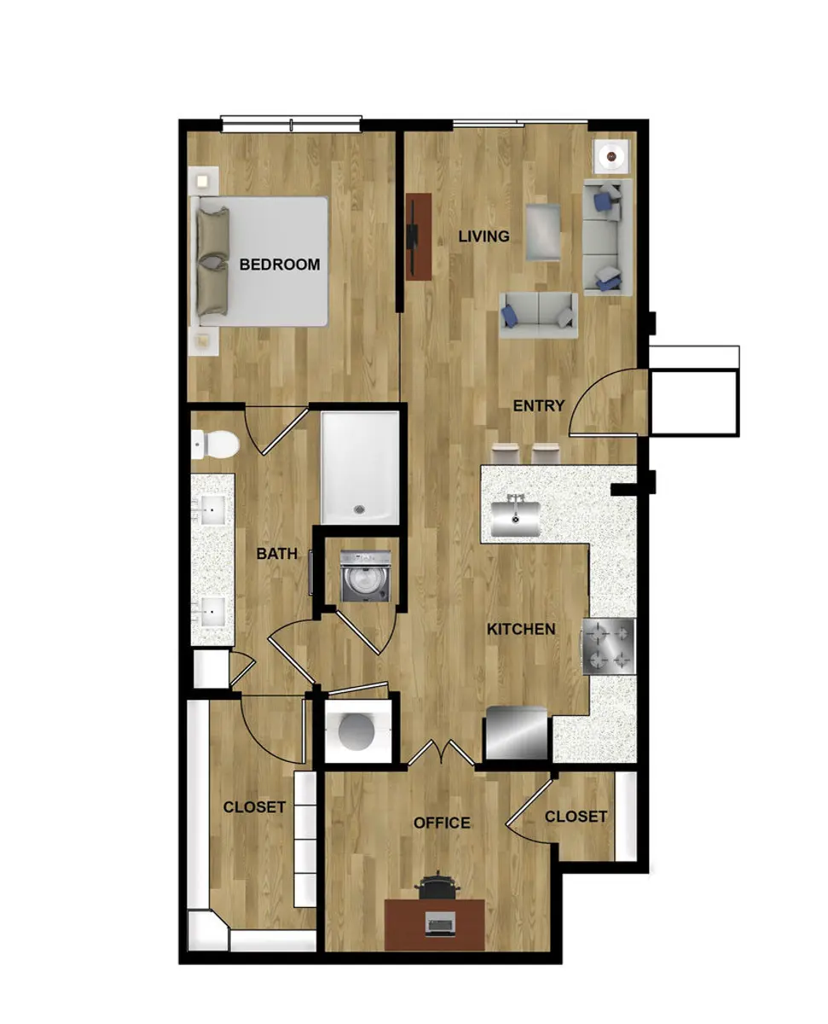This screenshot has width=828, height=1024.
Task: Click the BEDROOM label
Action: click(x=279, y=265)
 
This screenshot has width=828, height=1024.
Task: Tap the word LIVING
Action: click(x=483, y=236)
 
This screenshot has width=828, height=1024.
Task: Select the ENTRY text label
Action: click(x=538, y=406)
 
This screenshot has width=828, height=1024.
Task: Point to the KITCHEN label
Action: click(x=520, y=630)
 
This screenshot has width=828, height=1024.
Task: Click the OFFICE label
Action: click(x=442, y=823)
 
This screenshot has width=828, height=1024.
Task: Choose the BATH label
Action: click(x=277, y=554)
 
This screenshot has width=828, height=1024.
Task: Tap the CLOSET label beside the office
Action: click(x=576, y=817)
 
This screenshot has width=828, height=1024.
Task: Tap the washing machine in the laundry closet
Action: click(x=366, y=576)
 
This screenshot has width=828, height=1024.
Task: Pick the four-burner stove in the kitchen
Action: click(x=609, y=646)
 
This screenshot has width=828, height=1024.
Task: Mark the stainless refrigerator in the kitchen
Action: click(x=516, y=733)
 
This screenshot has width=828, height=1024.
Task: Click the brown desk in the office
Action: click(x=435, y=924)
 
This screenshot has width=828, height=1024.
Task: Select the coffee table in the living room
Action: click(x=543, y=231)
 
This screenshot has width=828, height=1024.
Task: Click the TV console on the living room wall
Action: click(x=418, y=236)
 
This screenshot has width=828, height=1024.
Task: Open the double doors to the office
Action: click(x=441, y=753)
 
